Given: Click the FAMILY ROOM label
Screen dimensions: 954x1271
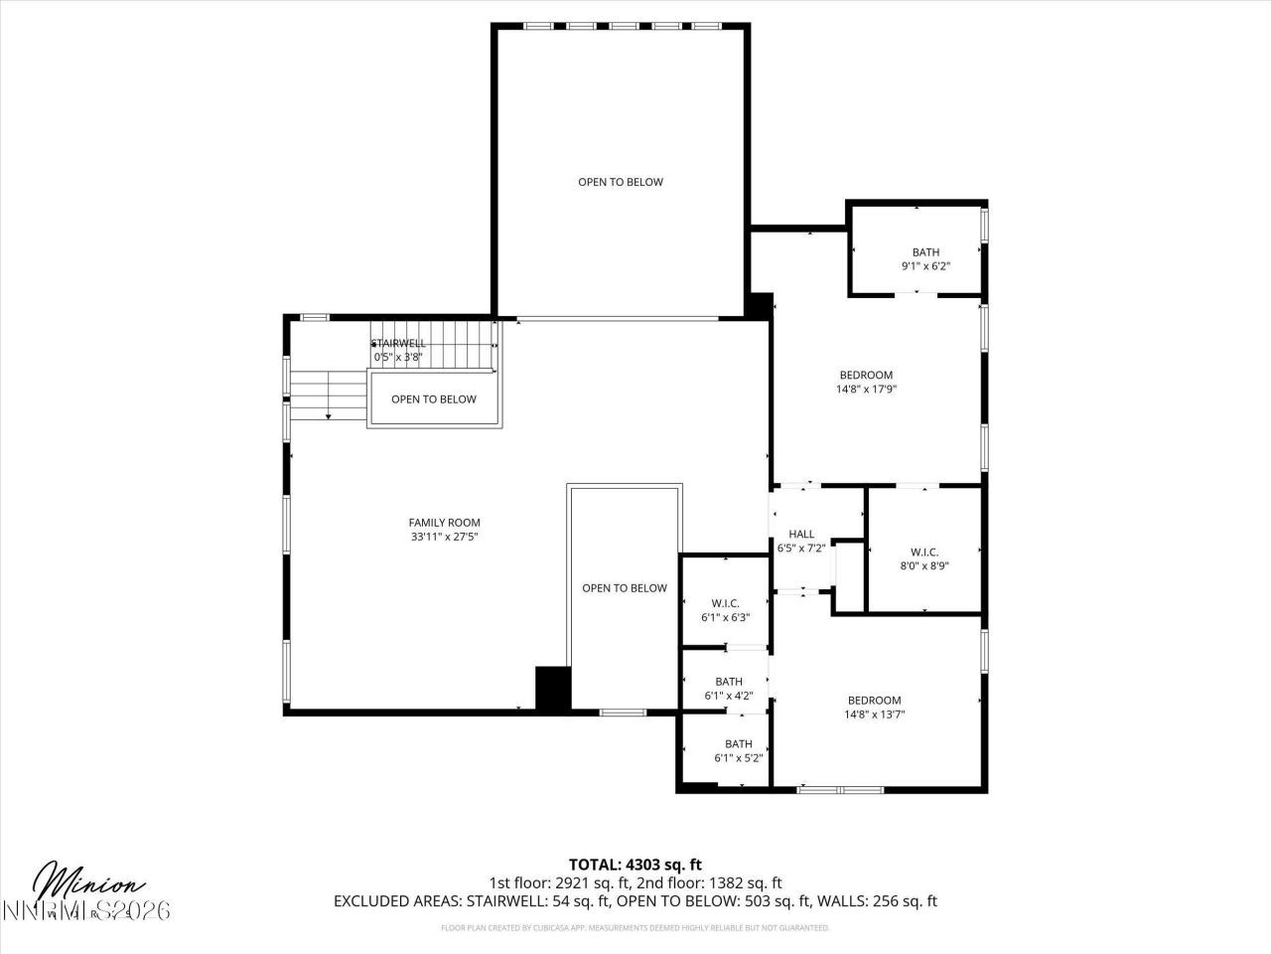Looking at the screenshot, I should coord(444,523).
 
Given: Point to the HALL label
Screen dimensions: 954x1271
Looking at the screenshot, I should coord(801,535).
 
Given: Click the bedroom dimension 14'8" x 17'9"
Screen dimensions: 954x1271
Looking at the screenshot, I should coord(866,390).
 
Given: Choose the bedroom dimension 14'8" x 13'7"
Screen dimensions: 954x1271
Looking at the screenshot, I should coord(874,714).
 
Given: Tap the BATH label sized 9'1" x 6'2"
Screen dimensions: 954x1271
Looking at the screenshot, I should coord(925,252).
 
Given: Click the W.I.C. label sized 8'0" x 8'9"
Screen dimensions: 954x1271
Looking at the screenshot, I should coord(923,553).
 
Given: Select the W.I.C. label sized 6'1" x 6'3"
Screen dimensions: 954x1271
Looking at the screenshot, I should coord(725,603).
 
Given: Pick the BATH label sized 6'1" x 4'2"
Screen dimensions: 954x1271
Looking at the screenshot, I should coord(729,682).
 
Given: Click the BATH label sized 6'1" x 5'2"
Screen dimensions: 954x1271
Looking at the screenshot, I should coord(738,744).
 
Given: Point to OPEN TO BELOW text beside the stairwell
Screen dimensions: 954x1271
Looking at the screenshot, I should coord(433,399).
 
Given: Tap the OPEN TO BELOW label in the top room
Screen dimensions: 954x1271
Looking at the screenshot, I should coord(621,182).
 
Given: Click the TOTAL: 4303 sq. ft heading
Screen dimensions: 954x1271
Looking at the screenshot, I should coord(635,865).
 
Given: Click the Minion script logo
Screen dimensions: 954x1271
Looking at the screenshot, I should coord(89,882).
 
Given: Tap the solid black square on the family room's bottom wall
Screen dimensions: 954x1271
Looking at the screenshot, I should coord(553,688).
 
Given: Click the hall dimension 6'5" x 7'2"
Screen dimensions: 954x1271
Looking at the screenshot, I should coord(801,548).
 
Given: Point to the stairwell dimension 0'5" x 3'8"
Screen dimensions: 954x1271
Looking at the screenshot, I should coord(398,357).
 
